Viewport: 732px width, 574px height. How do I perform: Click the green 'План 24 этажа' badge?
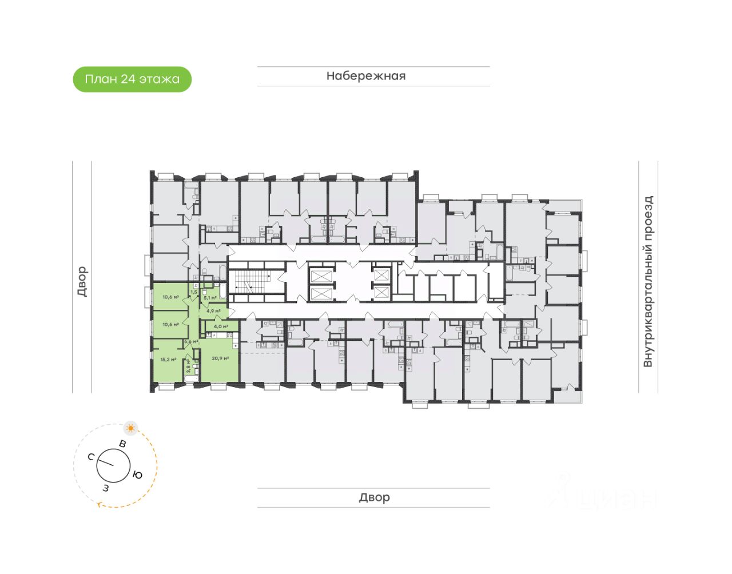coord(132,79)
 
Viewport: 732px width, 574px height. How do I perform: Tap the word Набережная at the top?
coord(366,76)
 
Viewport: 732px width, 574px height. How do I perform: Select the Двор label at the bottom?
coord(375,497)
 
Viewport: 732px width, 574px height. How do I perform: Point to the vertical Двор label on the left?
coord(82,281)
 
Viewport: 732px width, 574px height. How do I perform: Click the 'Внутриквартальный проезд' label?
coord(648,281)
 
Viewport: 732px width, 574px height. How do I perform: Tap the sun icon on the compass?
coord(131,428)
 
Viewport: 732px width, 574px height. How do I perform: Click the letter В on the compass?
coord(122,444)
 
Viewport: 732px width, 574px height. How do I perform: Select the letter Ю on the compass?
coord(137,475)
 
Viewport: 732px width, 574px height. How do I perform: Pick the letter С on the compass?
coord(91,457)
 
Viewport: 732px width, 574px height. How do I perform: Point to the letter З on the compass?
coord(106,488)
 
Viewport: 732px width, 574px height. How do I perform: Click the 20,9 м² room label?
coord(220,358)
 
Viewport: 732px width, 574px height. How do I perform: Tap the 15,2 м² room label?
coord(168,360)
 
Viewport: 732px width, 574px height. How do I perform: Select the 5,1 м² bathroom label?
coord(210,298)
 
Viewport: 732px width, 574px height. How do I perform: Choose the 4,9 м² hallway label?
coord(213,311)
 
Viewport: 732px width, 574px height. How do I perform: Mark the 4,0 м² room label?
coord(221,326)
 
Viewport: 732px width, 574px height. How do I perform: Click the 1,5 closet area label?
coord(193,292)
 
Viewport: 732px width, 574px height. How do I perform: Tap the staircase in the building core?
coord(252,281)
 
